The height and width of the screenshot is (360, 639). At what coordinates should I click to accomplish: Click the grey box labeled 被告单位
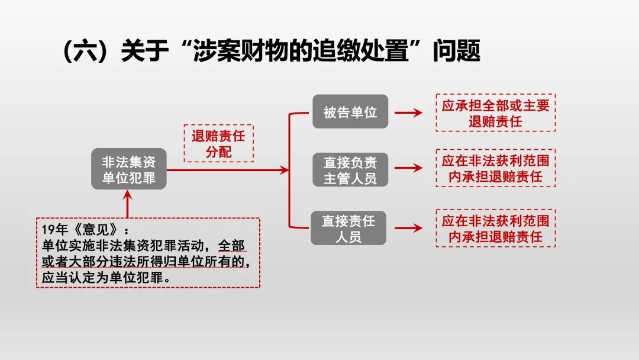click(x=350, y=111)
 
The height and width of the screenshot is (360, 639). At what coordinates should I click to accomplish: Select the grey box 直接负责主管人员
click(x=350, y=169)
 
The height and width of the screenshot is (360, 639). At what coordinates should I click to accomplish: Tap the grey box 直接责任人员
click(x=348, y=228)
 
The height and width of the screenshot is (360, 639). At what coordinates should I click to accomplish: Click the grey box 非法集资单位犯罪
click(x=129, y=169)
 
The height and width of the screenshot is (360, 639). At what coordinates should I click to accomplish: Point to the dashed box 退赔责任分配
click(x=218, y=143)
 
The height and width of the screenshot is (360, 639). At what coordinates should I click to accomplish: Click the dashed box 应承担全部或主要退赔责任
click(x=496, y=112)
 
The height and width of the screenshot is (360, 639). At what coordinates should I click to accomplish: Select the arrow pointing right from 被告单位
click(x=408, y=112)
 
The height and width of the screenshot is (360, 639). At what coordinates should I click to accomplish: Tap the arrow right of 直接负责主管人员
click(x=408, y=168)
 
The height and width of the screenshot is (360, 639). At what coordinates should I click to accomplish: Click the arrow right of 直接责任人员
click(x=408, y=228)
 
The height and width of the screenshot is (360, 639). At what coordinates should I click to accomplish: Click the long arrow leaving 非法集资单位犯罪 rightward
click(x=228, y=169)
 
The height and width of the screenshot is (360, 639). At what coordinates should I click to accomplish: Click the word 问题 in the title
click(x=456, y=50)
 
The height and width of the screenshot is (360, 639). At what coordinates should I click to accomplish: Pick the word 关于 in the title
click(x=145, y=50)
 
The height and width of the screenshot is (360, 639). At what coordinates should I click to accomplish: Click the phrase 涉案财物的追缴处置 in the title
click(x=301, y=50)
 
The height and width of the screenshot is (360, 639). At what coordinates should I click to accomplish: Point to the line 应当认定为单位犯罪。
click(x=106, y=277)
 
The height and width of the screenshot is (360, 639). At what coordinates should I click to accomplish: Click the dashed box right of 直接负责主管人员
click(x=496, y=168)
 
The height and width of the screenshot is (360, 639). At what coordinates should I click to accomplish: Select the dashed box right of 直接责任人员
click(x=496, y=228)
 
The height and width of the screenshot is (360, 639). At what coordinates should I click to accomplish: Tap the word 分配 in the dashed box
click(x=218, y=152)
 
